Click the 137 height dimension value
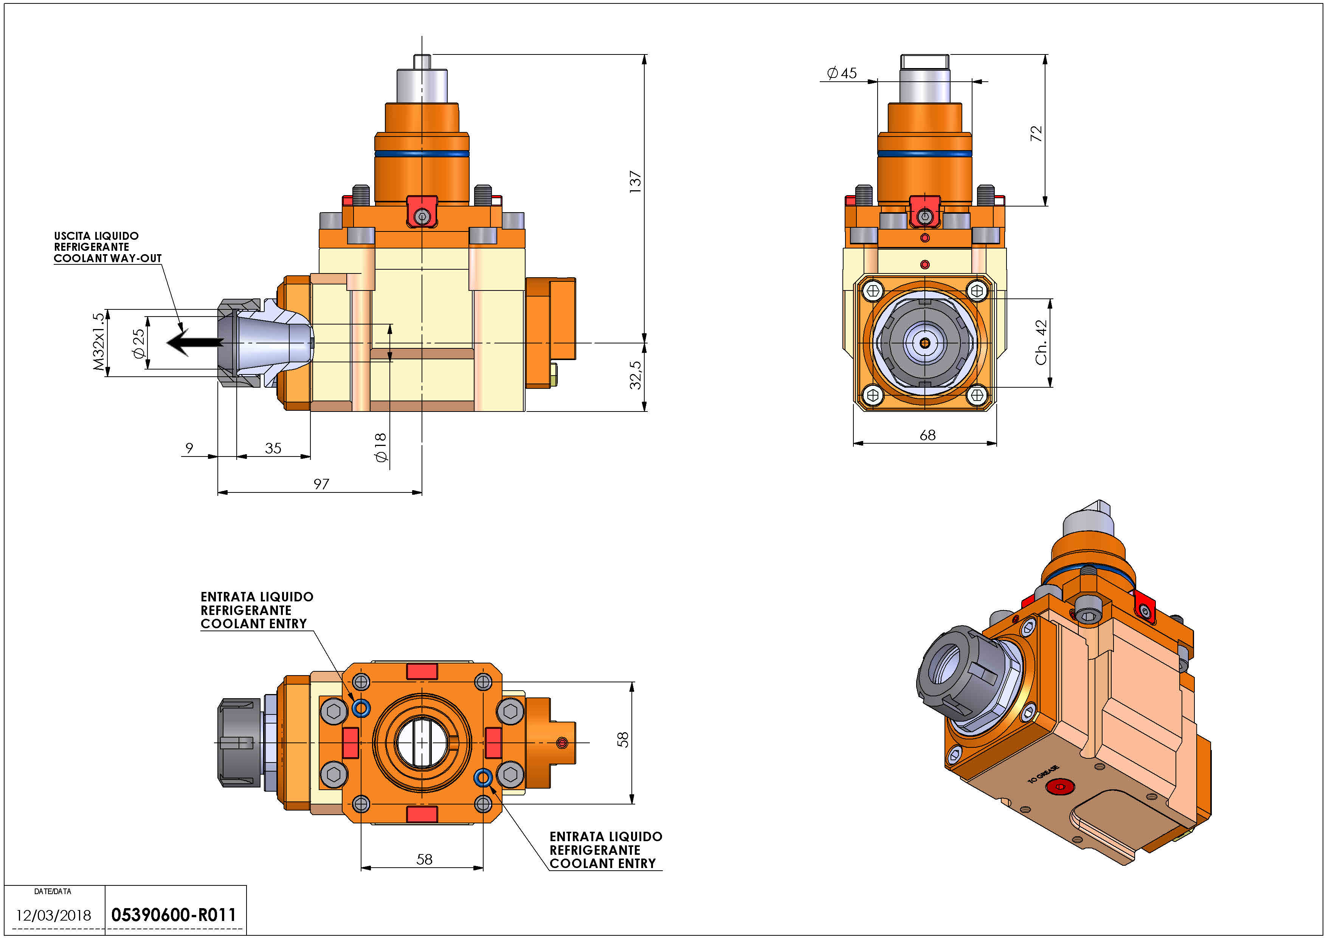pos(635,182)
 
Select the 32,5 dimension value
pos(635,375)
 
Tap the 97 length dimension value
pos(321,484)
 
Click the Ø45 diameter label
pos(841,73)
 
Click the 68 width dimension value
pos(927,435)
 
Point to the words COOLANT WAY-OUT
pos(108,258)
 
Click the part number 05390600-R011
pos(174,915)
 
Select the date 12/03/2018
pos(53,915)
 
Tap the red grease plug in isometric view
pos(1059,786)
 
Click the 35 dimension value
pos(273,448)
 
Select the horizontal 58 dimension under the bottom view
pos(425,859)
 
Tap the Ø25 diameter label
pos(139,344)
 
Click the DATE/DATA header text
pos(53,891)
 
